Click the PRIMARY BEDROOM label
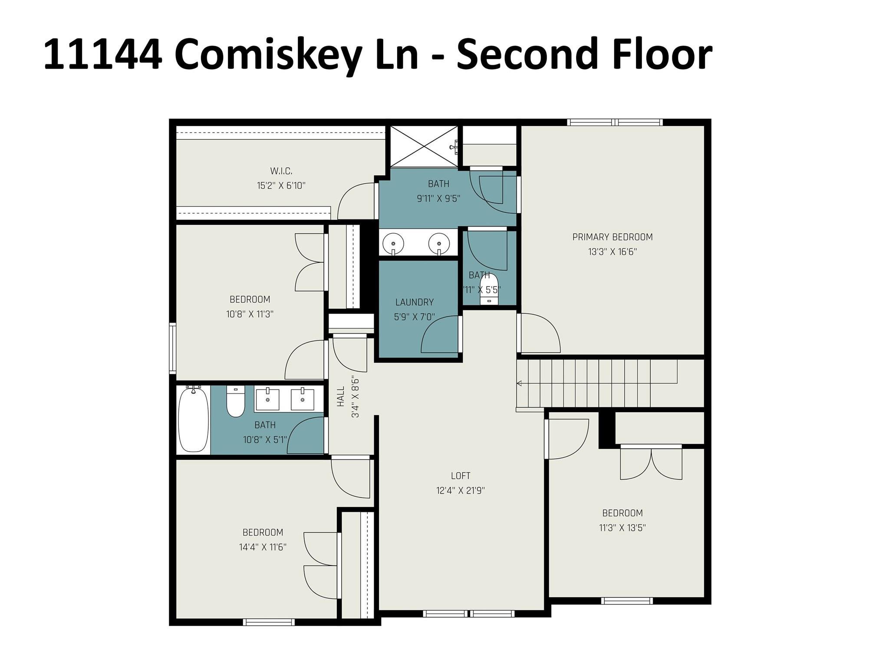click(612, 237)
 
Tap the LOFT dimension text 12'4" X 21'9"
click(460, 491)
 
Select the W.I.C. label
click(281, 171)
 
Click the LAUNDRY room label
click(414, 302)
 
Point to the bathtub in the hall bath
click(193, 420)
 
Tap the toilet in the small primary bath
click(489, 290)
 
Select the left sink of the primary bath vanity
click(394, 242)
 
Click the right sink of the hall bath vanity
click(302, 399)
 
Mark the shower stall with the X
click(424, 146)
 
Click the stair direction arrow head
click(518, 383)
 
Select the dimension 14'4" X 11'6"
click(263, 547)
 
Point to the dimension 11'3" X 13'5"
click(622, 528)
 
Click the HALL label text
click(341, 396)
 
